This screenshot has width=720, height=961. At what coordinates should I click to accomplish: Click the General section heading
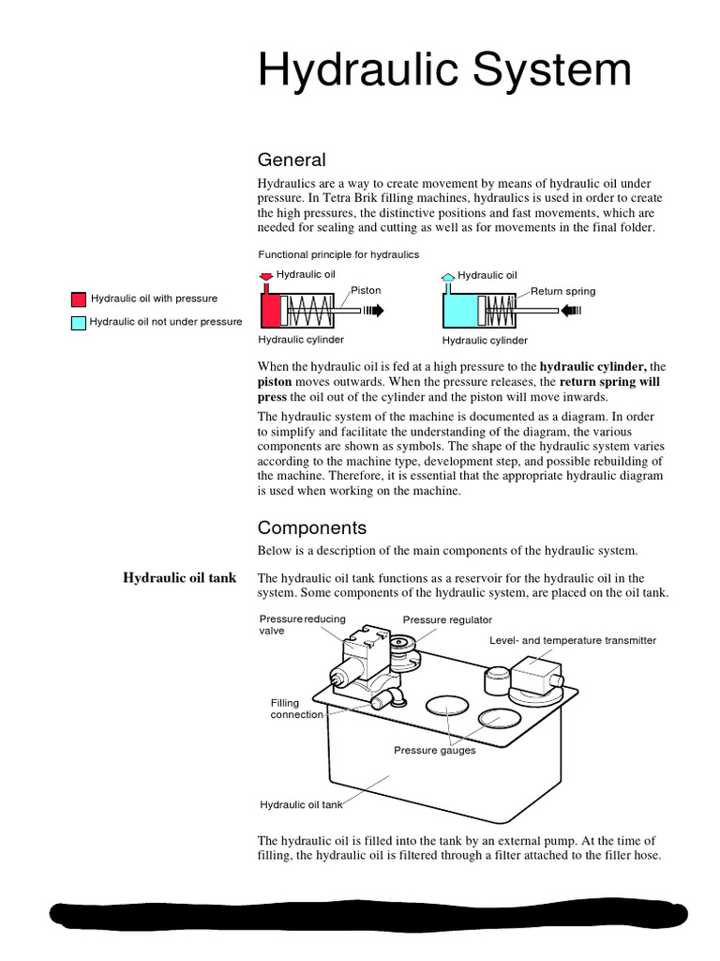pyautogui.click(x=292, y=160)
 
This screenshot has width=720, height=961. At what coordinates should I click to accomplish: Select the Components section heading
pyautogui.click(x=312, y=527)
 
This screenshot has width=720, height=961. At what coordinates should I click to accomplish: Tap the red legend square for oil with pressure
pyautogui.click(x=78, y=299)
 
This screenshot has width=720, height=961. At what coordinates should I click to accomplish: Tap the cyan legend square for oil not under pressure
pyautogui.click(x=78, y=322)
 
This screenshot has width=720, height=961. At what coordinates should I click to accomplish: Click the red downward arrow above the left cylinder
pyautogui.click(x=266, y=276)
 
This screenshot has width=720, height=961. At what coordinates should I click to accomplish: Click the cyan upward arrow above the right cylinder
pyautogui.click(x=448, y=276)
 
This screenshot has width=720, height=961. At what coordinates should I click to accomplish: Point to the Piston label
pyautogui.click(x=366, y=290)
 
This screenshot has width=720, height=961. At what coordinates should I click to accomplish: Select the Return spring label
pyautogui.click(x=562, y=291)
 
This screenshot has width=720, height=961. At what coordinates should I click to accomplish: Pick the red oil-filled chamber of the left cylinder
pyautogui.click(x=270, y=310)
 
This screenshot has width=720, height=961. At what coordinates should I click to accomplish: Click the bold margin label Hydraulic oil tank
pyautogui.click(x=180, y=578)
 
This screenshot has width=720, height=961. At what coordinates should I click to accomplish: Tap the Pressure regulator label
pyautogui.click(x=447, y=620)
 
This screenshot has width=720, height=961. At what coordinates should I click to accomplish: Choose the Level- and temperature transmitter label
pyautogui.click(x=573, y=640)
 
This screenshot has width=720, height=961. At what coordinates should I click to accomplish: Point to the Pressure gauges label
pyautogui.click(x=434, y=750)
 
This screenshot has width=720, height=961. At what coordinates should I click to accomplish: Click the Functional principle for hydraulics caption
pyautogui.click(x=338, y=254)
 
